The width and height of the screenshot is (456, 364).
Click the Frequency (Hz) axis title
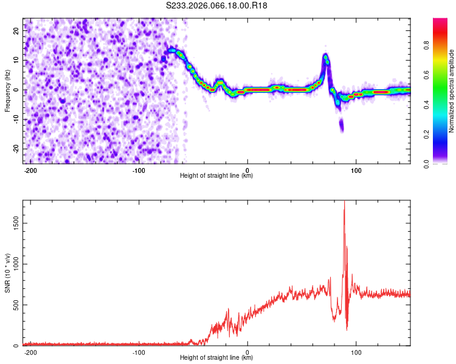(x=7, y=91)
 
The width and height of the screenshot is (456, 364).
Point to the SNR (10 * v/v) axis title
(x=8, y=272)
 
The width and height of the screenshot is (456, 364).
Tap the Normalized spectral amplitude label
(x=452, y=91)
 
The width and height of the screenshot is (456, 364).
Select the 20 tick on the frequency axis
(x=16, y=32)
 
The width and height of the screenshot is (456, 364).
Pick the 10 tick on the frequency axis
(x=16, y=61)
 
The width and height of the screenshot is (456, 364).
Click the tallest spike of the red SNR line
(x=344, y=203)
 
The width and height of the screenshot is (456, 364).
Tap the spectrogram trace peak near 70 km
(x=326, y=58)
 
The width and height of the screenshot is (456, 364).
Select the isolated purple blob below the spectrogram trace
(x=341, y=125)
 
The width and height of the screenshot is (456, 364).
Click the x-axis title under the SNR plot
(x=216, y=358)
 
